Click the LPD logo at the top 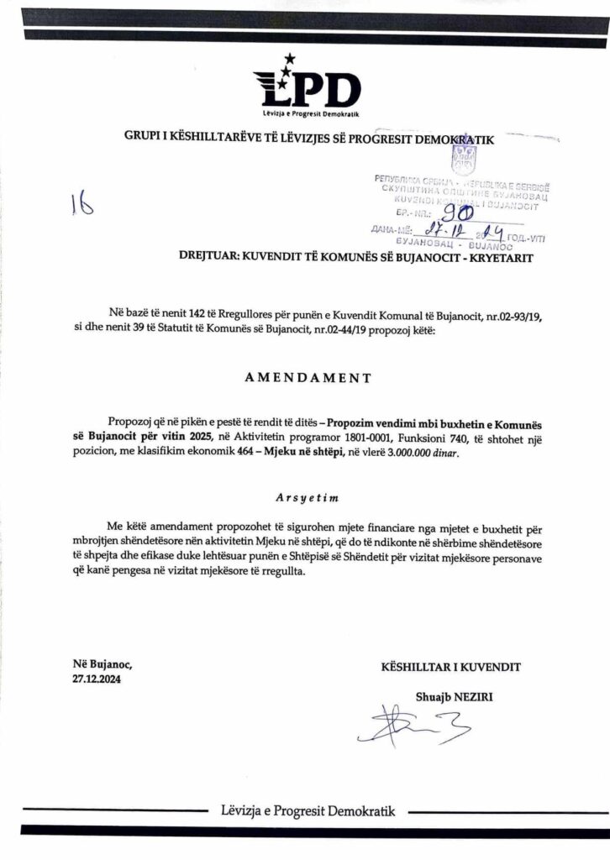click(307, 86)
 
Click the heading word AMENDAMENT click(305, 378)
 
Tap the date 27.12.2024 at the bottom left click(97, 680)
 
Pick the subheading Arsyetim click(304, 496)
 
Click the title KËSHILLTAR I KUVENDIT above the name click(450, 667)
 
